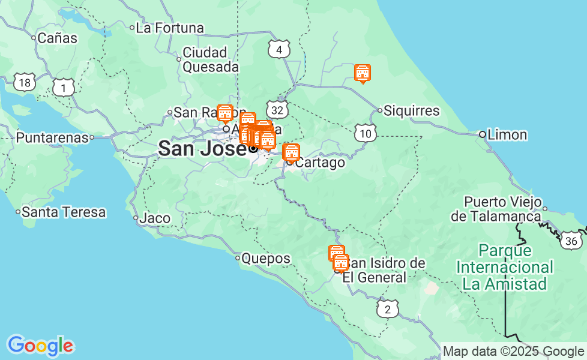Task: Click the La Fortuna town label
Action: coord(170,28)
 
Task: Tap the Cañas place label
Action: coord(57,38)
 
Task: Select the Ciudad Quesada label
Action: coord(210,59)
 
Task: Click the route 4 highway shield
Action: coord(279,50)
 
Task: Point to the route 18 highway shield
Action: coord(24,83)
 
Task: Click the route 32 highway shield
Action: coord(277,110)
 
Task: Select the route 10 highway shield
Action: coord(366,133)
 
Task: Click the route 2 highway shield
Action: coord(388,310)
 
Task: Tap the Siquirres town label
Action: coord(411,111)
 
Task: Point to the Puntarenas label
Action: coord(52,138)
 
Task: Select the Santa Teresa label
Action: coord(63,212)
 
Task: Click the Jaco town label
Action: coord(154,218)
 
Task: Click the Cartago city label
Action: coord(321,163)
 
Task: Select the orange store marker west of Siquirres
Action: coord(362,73)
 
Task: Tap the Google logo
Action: coord(40,346)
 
